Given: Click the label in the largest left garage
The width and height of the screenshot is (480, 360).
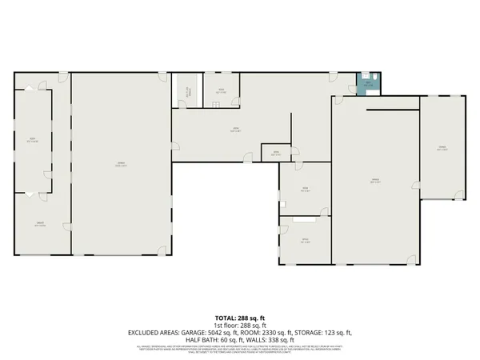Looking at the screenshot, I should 121,164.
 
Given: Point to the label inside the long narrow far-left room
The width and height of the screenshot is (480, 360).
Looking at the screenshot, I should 33,142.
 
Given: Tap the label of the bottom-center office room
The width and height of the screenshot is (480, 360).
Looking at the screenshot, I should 304,241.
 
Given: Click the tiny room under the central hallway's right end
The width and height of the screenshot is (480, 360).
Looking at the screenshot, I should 275,153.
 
